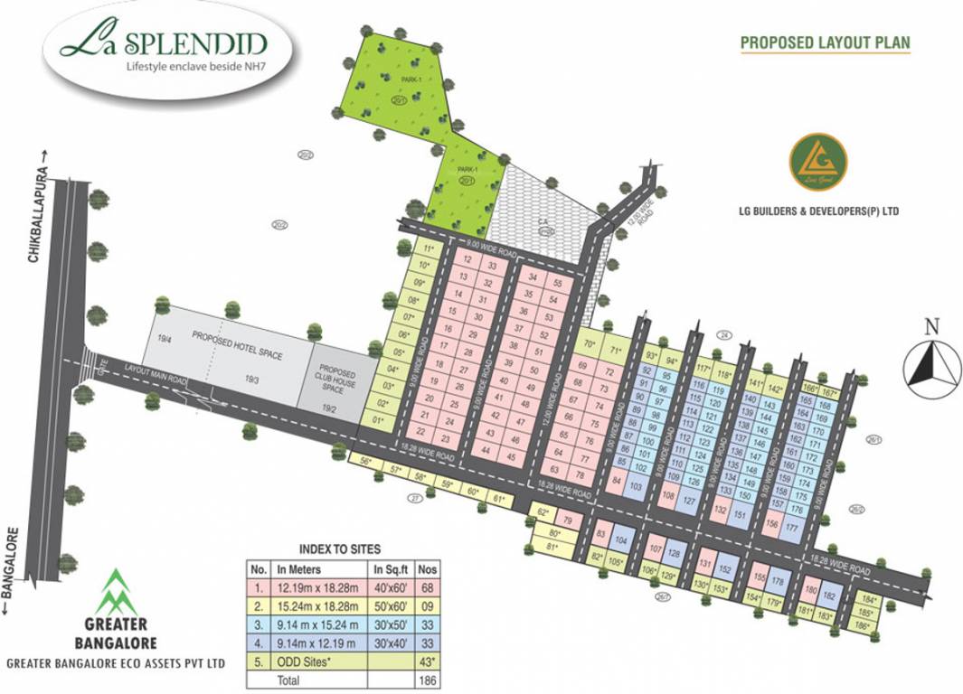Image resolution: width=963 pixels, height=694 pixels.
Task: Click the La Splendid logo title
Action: tap(162, 42)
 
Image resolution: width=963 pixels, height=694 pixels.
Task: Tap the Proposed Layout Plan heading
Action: tap(825, 42)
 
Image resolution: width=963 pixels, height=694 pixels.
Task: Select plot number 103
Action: tap(636, 486)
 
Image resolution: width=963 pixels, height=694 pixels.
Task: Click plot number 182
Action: tap(829, 596)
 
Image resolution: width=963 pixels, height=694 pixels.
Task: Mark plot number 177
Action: tap(792, 528)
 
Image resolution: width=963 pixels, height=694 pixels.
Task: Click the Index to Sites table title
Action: tap(339, 549)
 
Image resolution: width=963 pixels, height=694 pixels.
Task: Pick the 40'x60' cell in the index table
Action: tap(391, 588)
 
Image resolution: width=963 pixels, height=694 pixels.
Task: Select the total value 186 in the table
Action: tap(430, 678)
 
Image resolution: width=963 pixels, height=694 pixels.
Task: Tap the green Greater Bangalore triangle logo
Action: tap(115, 593)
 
